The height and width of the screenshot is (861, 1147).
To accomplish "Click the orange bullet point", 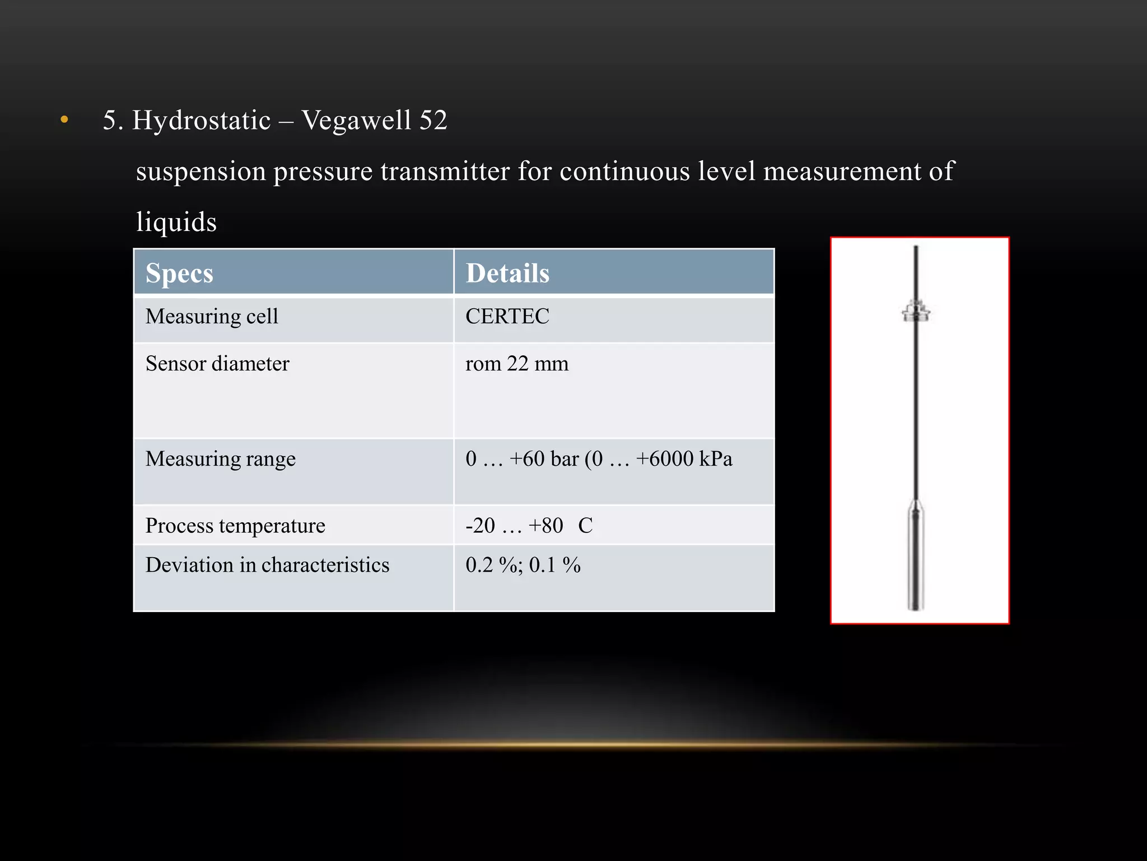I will click(64, 119).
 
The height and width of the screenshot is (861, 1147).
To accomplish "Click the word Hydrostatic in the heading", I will click(201, 121).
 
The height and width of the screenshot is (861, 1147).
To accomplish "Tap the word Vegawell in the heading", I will click(356, 121).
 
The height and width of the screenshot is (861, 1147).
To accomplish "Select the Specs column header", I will click(179, 274).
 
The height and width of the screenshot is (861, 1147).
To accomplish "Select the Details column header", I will click(507, 274).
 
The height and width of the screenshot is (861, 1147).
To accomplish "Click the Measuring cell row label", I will click(212, 317).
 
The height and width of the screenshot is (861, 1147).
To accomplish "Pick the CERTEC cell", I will click(507, 317).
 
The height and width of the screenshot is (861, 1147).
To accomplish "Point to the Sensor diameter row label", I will click(217, 364).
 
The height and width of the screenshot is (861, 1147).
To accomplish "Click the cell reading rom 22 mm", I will click(517, 364).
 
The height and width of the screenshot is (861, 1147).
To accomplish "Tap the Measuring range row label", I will click(220, 459).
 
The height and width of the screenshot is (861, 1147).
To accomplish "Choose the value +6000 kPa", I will click(684, 459).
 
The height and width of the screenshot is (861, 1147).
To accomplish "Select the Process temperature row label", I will click(235, 526).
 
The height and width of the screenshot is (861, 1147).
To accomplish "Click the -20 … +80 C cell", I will click(529, 526).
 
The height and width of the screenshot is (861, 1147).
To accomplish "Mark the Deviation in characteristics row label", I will click(267, 565).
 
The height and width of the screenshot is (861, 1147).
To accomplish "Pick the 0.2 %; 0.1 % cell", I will click(523, 565).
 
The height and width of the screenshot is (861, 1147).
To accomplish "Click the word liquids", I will click(176, 223).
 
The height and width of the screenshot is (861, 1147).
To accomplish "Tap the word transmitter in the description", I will click(445, 172).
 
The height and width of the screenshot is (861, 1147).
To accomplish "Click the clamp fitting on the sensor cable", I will click(916, 311).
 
